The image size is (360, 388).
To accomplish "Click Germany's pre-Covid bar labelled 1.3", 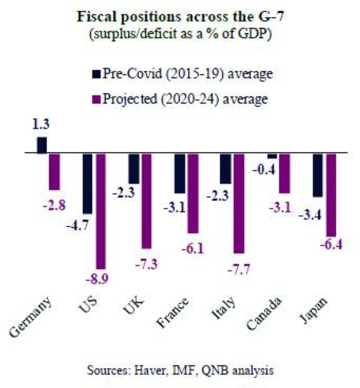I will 42,145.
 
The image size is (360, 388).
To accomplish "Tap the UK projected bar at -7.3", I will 146,201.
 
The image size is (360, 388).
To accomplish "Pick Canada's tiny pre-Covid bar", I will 272,156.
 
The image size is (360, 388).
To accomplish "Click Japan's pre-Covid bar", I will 318,175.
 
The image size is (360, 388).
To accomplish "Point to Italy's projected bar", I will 238,203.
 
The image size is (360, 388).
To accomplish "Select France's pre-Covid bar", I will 179,173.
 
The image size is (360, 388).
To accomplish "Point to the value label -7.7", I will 239,269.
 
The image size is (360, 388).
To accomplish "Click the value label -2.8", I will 54,207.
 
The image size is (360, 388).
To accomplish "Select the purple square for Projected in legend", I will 97,99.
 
